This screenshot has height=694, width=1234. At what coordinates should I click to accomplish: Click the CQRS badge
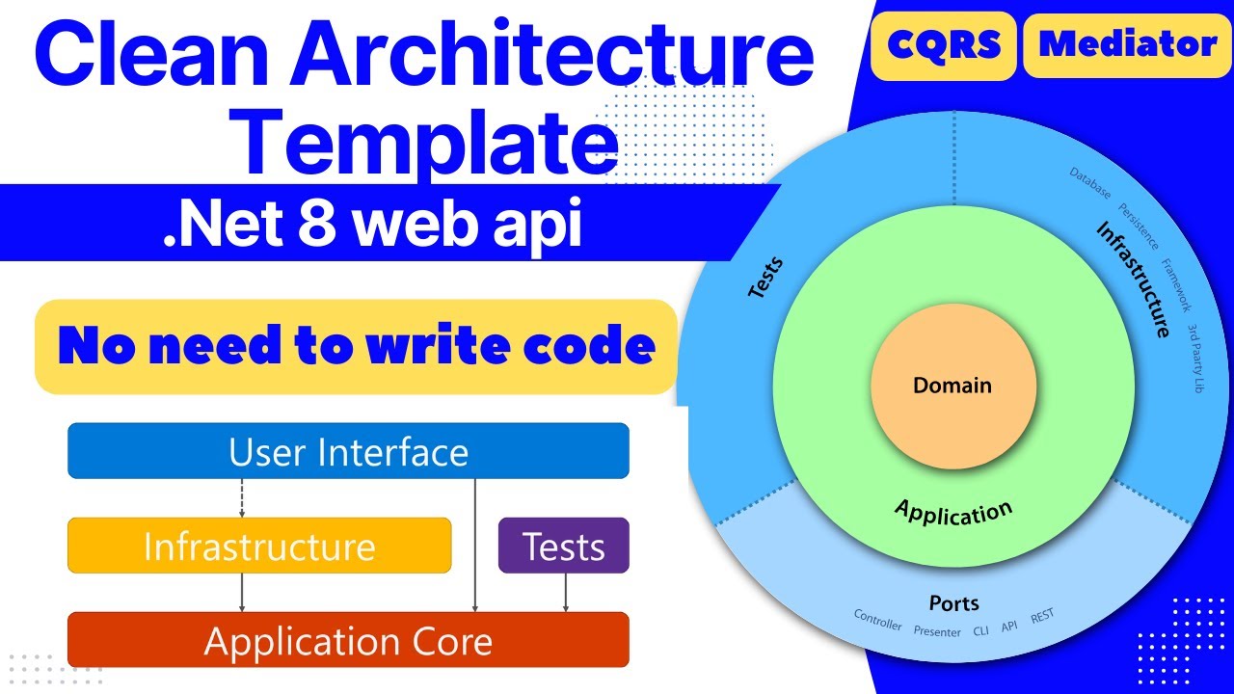(943, 44)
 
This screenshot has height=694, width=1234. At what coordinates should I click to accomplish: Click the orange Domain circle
(952, 387)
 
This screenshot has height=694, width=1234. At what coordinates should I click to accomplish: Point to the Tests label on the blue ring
(766, 277)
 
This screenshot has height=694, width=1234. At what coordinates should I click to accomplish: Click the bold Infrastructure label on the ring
(1134, 280)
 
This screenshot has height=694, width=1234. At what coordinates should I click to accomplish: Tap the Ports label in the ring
(953, 603)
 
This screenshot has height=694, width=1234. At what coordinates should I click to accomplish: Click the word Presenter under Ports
(937, 631)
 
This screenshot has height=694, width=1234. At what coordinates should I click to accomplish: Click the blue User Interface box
(348, 451)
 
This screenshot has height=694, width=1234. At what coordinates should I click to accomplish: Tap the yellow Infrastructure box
(259, 546)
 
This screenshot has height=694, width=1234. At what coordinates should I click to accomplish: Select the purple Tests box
(564, 546)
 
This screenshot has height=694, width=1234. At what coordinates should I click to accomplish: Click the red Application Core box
(348, 640)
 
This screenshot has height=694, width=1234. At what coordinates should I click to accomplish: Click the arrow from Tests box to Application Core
(566, 592)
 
